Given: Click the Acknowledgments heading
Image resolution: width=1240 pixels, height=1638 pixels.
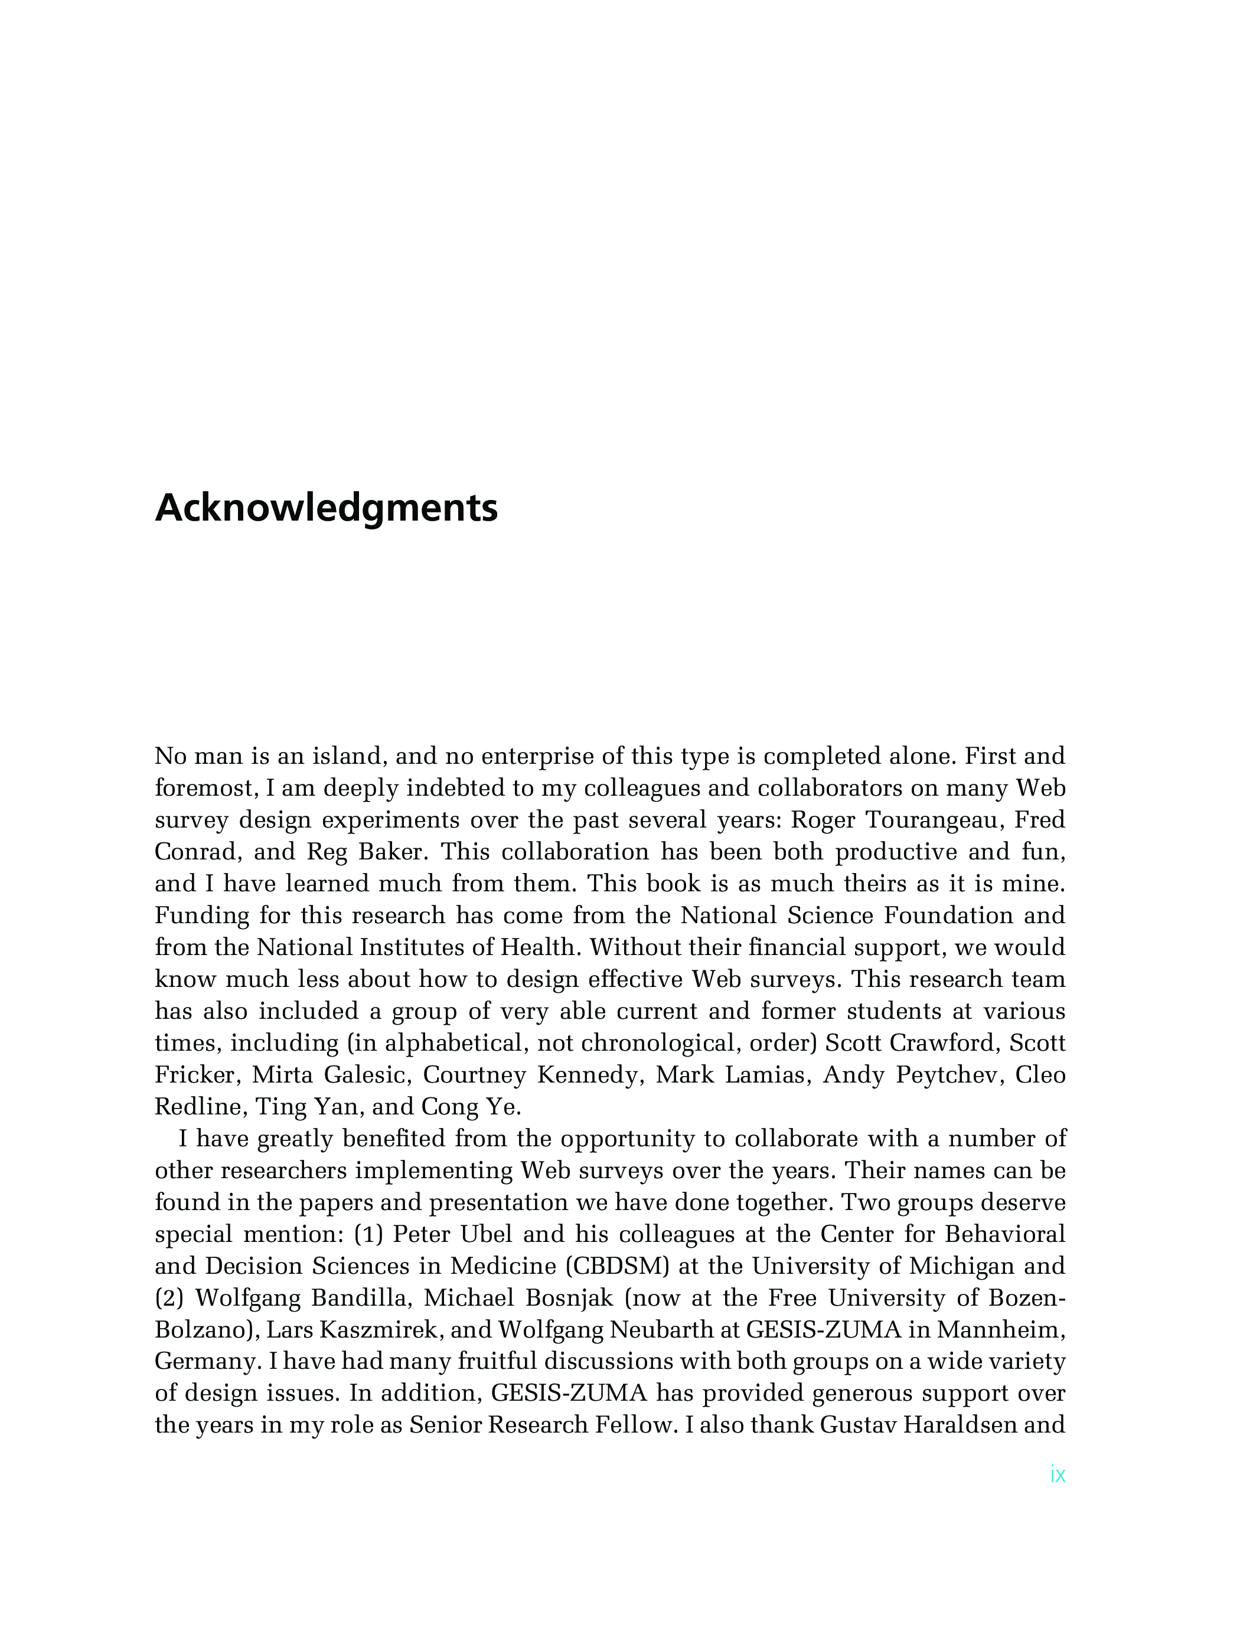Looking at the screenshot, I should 326,509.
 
